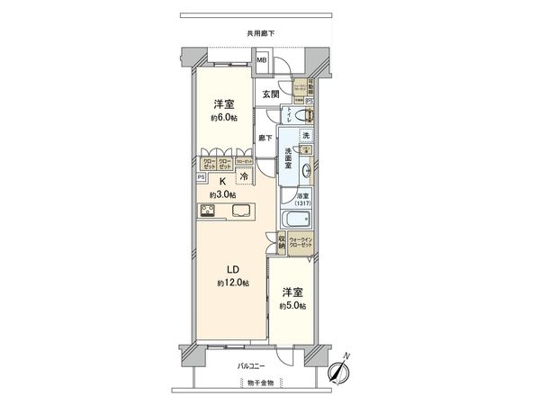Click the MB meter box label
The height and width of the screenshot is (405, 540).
262,61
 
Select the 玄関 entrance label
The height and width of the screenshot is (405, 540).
271,94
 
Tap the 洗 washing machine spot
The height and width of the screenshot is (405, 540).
305,135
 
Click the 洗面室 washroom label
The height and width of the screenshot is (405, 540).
288,158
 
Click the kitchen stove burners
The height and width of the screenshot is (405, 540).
208,211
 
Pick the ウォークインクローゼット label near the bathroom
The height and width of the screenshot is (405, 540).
301,243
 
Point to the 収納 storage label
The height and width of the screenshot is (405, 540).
281,242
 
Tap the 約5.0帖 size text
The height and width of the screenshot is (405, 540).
292,306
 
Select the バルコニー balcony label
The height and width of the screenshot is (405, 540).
251,366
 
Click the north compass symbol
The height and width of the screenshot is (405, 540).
340,371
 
